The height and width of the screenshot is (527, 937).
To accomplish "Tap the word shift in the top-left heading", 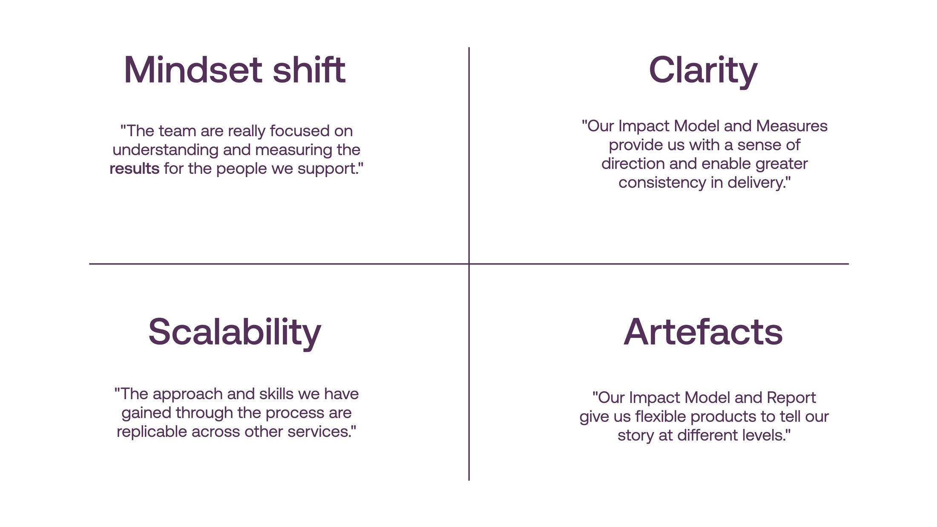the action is [x=309, y=70].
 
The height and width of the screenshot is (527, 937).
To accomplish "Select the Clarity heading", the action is [x=703, y=71].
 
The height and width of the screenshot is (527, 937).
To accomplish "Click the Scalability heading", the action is [x=235, y=333].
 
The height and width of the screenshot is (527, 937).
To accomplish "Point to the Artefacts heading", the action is [x=703, y=332].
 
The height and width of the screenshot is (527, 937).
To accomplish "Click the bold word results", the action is [x=135, y=169].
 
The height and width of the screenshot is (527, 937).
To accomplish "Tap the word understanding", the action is [x=166, y=150].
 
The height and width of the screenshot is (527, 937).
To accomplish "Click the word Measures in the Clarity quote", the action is [x=792, y=126].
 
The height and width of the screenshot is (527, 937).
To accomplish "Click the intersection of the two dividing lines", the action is [x=469, y=264].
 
